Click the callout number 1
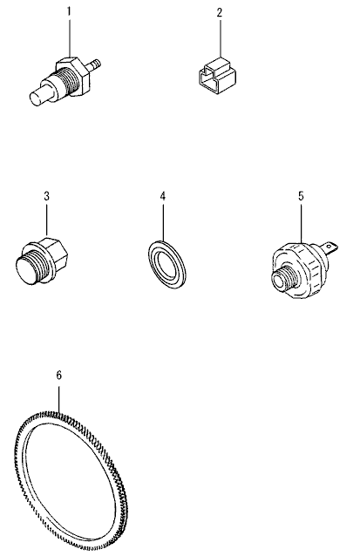tap(69, 11)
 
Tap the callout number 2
tap(220, 13)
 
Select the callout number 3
tap(46, 196)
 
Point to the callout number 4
tap(163, 196)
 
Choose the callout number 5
tap(301, 196)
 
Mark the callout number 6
tap(59, 376)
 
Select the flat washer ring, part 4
tap(166, 262)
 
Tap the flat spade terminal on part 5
tap(329, 247)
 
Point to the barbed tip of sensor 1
tap(94, 64)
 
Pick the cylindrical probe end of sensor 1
tap(39, 95)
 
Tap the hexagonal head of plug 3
tap(55, 252)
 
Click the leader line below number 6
tap(59, 399)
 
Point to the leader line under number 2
tap(221, 40)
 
